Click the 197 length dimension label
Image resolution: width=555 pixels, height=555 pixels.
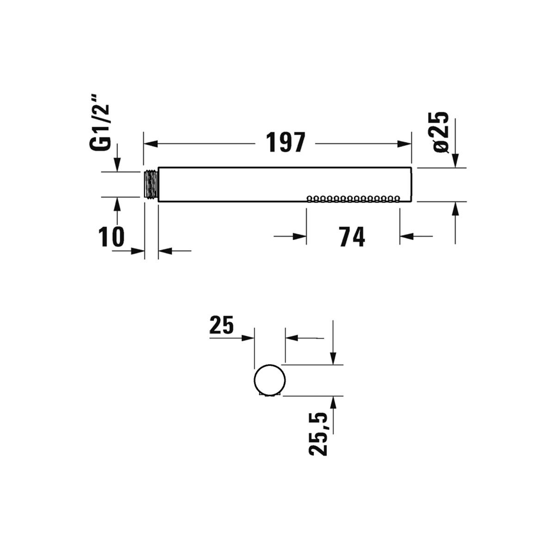(x=285, y=142)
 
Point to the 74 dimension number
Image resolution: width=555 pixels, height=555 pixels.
(x=351, y=237)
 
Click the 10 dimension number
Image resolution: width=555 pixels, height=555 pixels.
(x=111, y=237)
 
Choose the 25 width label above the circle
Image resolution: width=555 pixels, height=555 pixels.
(x=221, y=325)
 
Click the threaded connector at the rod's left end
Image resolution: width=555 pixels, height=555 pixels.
(x=151, y=184)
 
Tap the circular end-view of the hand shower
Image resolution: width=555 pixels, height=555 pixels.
(x=270, y=381)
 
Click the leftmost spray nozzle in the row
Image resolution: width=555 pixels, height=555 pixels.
(x=309, y=199)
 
